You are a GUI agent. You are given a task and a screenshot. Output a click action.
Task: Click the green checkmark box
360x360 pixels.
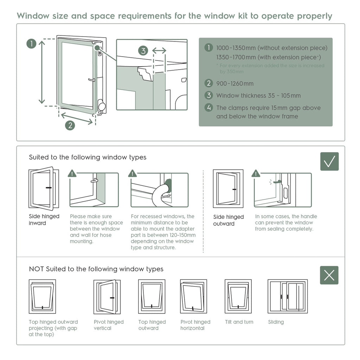pyautogui.click(x=329, y=161)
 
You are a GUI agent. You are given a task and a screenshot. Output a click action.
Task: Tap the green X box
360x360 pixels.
pyautogui.click(x=329, y=275)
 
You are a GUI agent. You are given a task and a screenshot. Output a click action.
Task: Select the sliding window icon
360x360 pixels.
pyautogui.click(x=288, y=296)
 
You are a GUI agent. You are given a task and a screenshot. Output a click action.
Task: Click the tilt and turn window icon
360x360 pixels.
pyautogui.click(x=238, y=296)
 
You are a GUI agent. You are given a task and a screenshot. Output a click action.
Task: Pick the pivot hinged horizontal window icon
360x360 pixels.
pyautogui.click(x=193, y=296)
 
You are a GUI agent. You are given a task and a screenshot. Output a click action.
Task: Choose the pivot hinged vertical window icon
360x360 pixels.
pyautogui.click(x=107, y=297)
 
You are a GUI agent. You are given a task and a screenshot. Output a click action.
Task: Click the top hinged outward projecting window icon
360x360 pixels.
pyautogui.click(x=42, y=296)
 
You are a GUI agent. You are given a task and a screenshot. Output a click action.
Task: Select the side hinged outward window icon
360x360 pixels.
pyautogui.click(x=228, y=188)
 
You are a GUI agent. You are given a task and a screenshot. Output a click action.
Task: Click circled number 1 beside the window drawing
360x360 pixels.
pyautogui.click(x=32, y=44)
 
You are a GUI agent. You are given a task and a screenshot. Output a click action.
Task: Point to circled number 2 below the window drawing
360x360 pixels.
pyautogui.click(x=70, y=125)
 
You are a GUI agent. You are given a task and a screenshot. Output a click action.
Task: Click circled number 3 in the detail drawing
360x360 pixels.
pyautogui.click(x=143, y=51)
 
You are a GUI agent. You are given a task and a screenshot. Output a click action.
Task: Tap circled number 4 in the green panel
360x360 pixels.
pyautogui.click(x=209, y=108)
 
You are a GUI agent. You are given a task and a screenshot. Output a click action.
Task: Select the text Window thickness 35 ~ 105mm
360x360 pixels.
pyautogui.click(x=258, y=96)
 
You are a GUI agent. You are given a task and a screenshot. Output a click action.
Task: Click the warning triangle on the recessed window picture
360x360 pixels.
pyautogui.click(x=133, y=173)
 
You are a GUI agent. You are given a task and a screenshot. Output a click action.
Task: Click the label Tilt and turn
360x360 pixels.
pyautogui.click(x=239, y=322)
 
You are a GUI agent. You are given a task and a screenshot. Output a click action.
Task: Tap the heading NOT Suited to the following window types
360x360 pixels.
pyautogui.click(x=96, y=269)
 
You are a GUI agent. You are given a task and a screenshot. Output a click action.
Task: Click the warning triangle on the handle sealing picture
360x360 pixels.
pyautogui.click(x=256, y=173)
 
